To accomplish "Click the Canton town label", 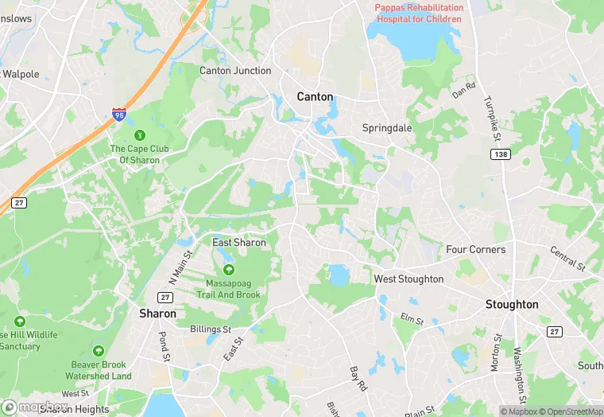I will (x=315, y=96).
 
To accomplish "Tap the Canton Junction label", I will (x=235, y=71).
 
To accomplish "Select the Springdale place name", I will (x=388, y=127).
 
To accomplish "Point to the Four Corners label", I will (x=475, y=249).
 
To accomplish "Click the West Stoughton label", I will (x=408, y=279).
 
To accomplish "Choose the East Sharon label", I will (x=238, y=242).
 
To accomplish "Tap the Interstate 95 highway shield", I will (x=119, y=115).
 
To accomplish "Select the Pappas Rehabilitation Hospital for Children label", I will (x=419, y=13).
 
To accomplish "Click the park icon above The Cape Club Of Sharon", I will (x=140, y=134).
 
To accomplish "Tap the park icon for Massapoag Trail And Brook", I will (x=229, y=270).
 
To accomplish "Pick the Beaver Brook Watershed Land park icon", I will (x=99, y=351).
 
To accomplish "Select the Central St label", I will (x=567, y=257).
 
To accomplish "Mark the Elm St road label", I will (x=412, y=320).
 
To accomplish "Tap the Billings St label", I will (x=211, y=329).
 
